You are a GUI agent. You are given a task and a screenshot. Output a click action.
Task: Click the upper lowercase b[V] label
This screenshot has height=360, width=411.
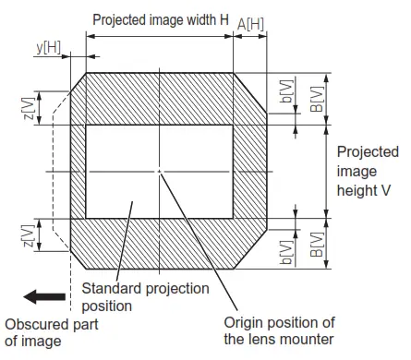click(x=286, y=90)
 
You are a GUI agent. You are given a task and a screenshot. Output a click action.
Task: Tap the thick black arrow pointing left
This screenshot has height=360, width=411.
click(x=45, y=296)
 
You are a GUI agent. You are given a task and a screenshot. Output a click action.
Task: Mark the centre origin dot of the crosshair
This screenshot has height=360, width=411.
click(x=159, y=172)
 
